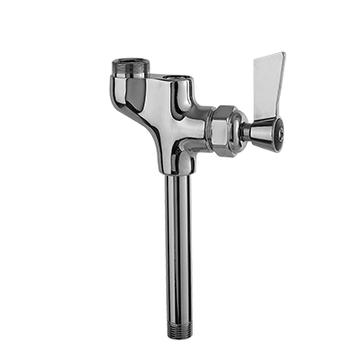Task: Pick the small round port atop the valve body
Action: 186,67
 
